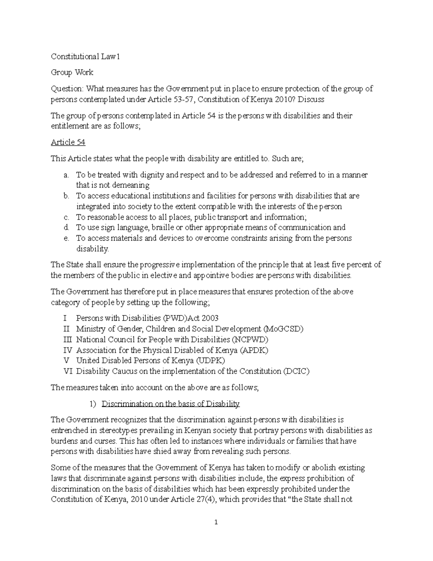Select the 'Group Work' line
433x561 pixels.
pyautogui.click(x=72, y=73)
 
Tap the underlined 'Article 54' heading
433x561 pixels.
pyautogui.click(x=68, y=142)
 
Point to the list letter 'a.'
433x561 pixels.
pyautogui.click(x=66, y=175)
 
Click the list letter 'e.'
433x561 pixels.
pyautogui.click(x=66, y=238)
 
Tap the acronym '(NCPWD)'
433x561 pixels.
pyautogui.click(x=250, y=340)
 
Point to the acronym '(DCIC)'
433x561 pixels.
pyautogui.click(x=296, y=371)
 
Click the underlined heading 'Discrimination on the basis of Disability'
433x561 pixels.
pyautogui.click(x=170, y=404)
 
